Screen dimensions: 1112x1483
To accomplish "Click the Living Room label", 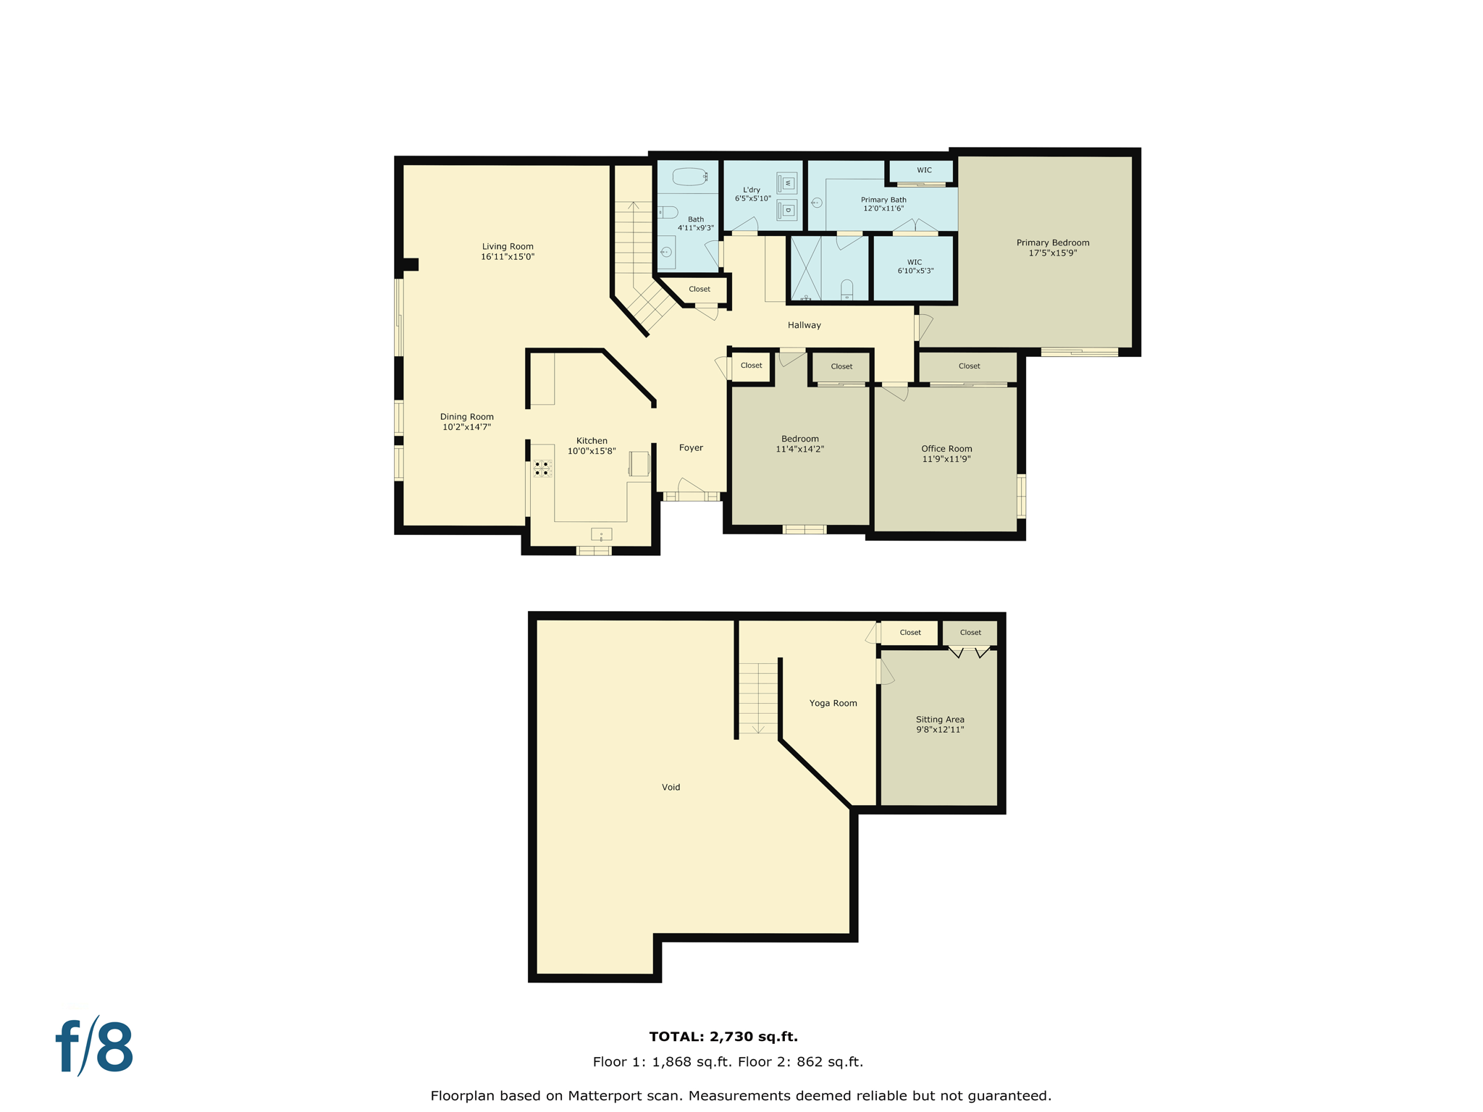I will coord(508,247).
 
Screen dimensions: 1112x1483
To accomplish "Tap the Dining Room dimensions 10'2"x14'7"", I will coord(466,427).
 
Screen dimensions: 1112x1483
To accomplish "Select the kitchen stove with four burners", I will coord(542,468).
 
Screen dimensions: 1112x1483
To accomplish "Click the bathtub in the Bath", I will coord(689,177).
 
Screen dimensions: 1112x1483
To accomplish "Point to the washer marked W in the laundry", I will coord(787,183).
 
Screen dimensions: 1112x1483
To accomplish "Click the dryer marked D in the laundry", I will coord(787,211).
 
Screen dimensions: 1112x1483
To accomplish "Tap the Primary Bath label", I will coord(883,200).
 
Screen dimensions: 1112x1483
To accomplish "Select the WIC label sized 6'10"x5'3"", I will coord(915,266).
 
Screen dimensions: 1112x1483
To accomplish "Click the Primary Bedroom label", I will coord(1052,243).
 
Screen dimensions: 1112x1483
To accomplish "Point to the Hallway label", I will coord(804,325).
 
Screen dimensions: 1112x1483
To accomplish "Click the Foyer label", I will coord(691,447).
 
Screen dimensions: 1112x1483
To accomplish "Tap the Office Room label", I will coord(946,449).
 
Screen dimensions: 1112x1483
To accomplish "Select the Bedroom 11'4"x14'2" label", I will coord(800,444).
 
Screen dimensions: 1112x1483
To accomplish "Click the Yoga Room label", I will coord(833,703).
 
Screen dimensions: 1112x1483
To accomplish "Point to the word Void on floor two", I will coord(671,787).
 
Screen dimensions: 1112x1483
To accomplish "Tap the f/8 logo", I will coord(95,1047).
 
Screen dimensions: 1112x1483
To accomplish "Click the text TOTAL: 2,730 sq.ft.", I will coord(723,1037).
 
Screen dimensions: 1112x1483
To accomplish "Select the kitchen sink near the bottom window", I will coord(601,535).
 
